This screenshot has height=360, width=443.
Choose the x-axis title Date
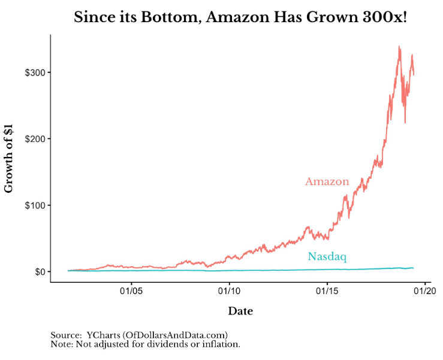click(240, 311)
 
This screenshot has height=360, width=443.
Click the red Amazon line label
click(327, 181)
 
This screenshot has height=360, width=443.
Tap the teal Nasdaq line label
click(327, 257)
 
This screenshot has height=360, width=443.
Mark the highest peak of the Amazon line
click(399, 46)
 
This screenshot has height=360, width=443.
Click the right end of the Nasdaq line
click(413, 268)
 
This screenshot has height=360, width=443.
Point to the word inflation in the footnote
click(218, 344)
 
